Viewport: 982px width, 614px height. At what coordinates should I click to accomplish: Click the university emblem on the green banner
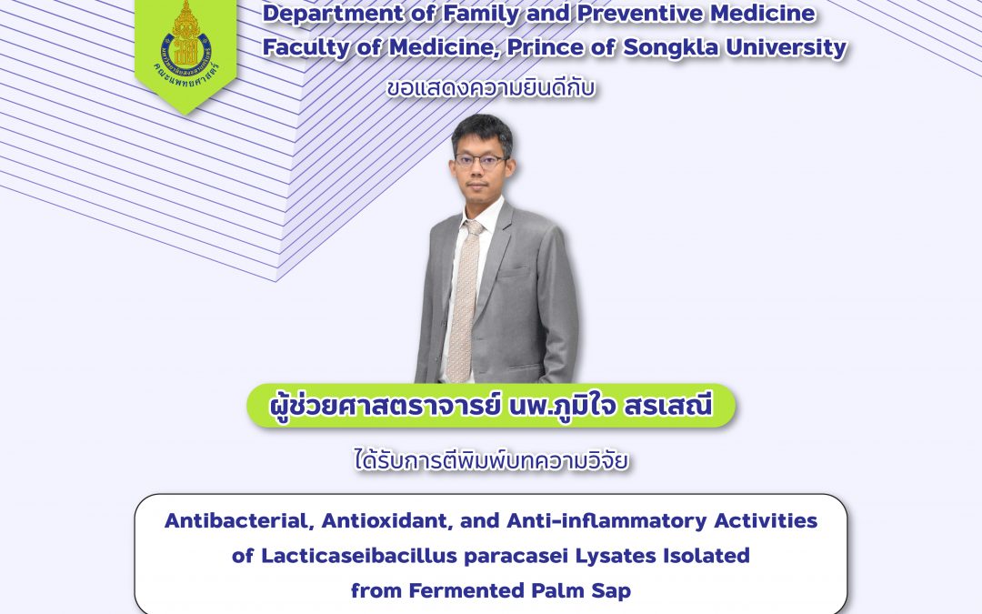coord(186,44)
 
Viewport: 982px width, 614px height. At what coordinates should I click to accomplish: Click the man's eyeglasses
coord(480,160)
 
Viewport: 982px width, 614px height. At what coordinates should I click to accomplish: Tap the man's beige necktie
coord(464,301)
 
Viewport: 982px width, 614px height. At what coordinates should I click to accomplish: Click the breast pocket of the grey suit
coord(515,273)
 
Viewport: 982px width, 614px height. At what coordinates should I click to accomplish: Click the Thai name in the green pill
coord(491,406)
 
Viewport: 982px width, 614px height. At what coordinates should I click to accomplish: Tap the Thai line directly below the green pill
coord(491,460)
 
